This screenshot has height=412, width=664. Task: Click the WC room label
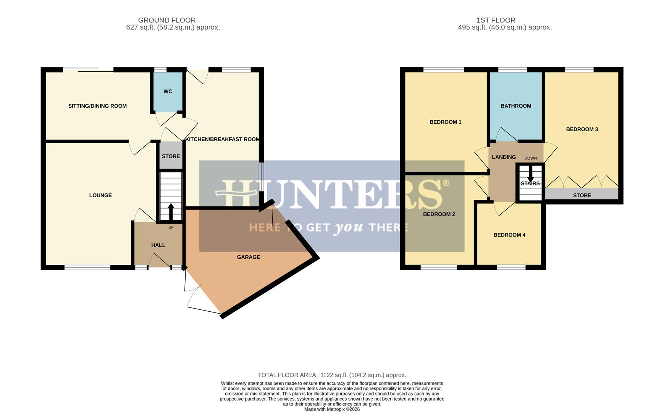168,92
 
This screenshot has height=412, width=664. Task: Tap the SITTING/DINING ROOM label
97,106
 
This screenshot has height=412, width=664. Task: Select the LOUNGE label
100,195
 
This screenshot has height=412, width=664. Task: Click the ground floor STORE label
171,156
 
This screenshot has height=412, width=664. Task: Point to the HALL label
158,245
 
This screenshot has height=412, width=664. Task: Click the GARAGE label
248,257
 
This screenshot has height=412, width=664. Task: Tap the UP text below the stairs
171,227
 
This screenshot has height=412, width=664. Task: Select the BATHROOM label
515,106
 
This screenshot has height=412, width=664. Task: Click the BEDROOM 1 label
445,122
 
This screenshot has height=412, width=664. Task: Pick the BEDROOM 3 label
582,129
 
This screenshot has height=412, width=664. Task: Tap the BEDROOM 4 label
509,235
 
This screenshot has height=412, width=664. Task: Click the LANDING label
504,157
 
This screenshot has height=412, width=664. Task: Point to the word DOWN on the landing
530,158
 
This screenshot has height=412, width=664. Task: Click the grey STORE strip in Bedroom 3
582,195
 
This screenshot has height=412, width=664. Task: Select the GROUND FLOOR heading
167,20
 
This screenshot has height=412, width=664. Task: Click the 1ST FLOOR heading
496,20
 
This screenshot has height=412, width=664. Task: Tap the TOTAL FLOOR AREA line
332,375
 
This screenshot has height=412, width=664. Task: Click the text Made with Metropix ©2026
332,409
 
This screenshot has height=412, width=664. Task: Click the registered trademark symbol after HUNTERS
445,183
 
